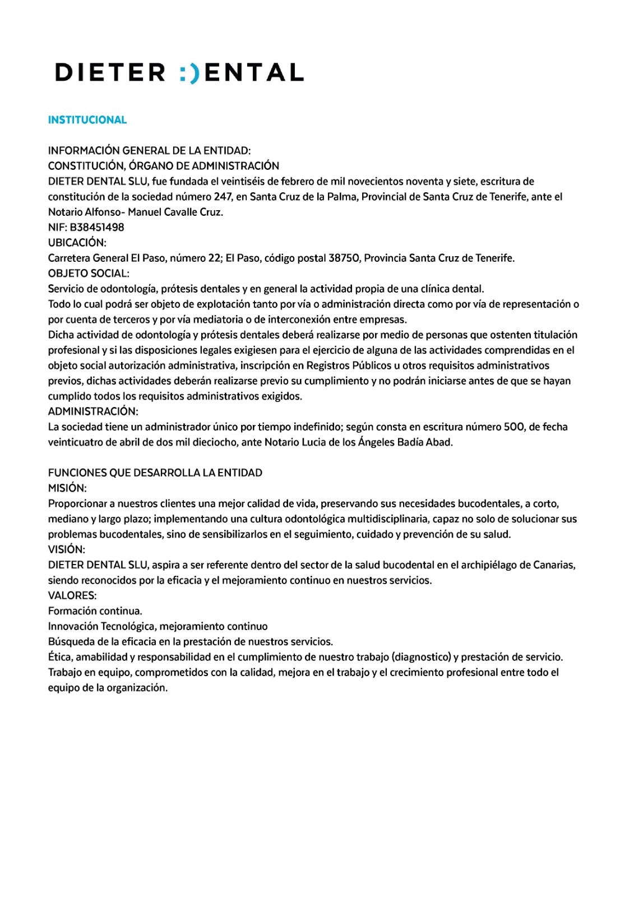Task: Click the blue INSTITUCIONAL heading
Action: coord(87,120)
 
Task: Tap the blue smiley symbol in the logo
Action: coord(189,73)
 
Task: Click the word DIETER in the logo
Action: coord(110,73)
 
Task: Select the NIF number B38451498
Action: coord(97,228)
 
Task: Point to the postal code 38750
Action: coord(344,258)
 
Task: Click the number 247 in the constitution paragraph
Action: coord(222,197)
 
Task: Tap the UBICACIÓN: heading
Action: coord(77,243)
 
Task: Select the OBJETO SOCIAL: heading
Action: coord(89,274)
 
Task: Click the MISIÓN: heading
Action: coord(67,488)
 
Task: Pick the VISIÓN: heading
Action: coord(67,549)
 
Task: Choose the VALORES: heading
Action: coord(72,595)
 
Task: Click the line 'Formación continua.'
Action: coord(95,611)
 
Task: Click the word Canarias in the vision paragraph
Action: coord(552,565)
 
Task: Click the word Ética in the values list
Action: coord(61,657)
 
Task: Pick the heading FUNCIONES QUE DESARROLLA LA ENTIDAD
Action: coord(155,473)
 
